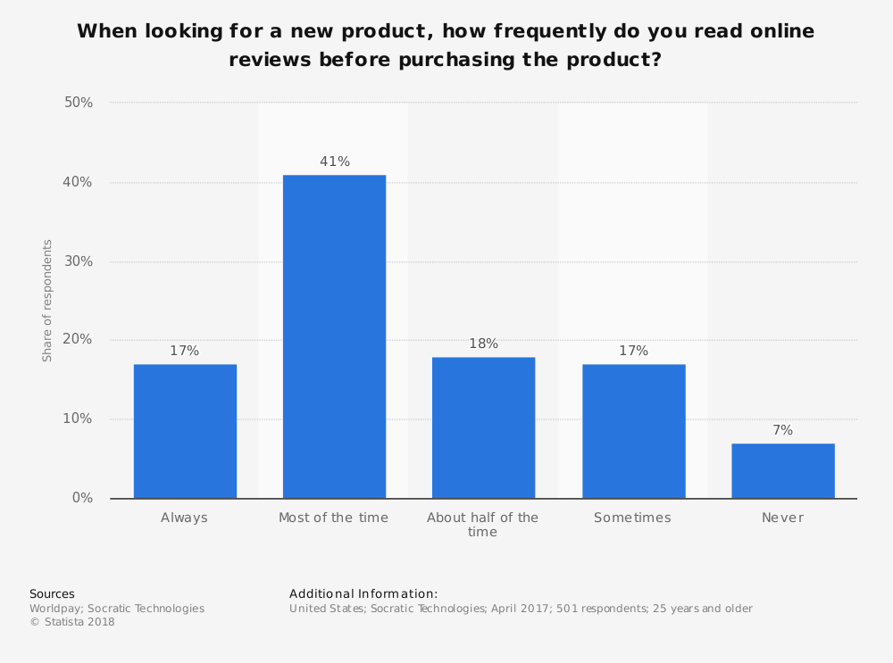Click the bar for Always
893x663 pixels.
[x=185, y=431]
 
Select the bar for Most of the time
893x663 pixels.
[x=334, y=336]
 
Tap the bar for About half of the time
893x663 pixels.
[x=483, y=427]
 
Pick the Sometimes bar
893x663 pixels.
[x=633, y=431]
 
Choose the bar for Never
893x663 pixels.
[x=782, y=470]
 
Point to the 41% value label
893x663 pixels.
[x=335, y=162]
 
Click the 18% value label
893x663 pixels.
[x=484, y=344]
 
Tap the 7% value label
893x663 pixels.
[x=782, y=430]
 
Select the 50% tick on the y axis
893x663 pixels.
[x=79, y=103]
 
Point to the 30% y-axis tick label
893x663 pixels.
[x=79, y=261]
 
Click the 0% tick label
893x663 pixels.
[x=82, y=498]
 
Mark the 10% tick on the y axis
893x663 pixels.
[x=79, y=419]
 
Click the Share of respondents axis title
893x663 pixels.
[x=47, y=300]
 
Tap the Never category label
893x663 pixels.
[x=782, y=518]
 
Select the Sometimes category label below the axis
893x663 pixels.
[x=632, y=518]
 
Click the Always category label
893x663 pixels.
[x=184, y=518]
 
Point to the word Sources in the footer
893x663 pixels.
[x=52, y=593]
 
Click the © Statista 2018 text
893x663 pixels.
[x=72, y=622]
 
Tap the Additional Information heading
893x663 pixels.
[x=363, y=593]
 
